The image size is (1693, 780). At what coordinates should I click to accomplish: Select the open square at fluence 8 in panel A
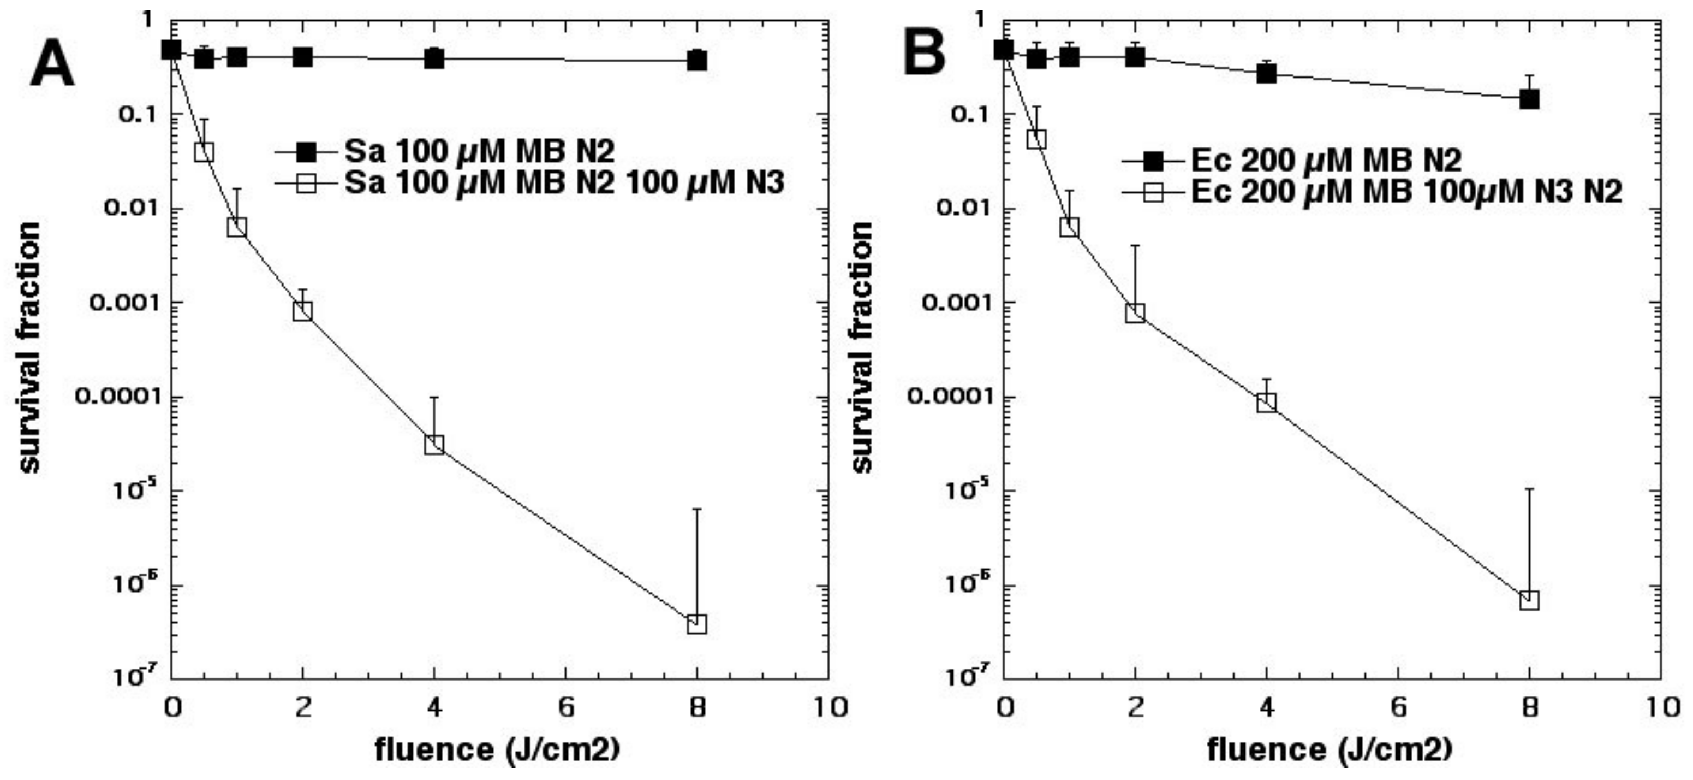[x=696, y=623]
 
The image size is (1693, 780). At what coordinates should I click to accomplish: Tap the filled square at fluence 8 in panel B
[x=1529, y=99]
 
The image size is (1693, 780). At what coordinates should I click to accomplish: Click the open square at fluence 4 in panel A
[x=434, y=444]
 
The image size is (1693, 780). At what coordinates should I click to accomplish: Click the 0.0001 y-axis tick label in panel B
[x=949, y=397]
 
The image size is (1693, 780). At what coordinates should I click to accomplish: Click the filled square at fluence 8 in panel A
[x=696, y=61]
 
